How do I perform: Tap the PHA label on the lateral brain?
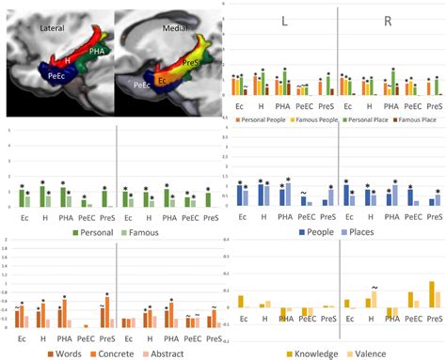tap(96, 48)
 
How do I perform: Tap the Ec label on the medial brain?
tap(163, 80)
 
